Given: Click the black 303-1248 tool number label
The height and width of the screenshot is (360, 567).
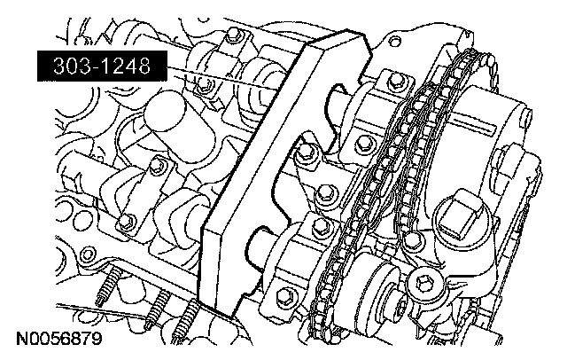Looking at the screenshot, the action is coord(103,67).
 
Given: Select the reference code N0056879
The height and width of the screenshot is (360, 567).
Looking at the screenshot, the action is coord(59,340).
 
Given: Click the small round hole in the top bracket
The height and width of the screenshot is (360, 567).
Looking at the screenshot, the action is coord(396,40).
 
